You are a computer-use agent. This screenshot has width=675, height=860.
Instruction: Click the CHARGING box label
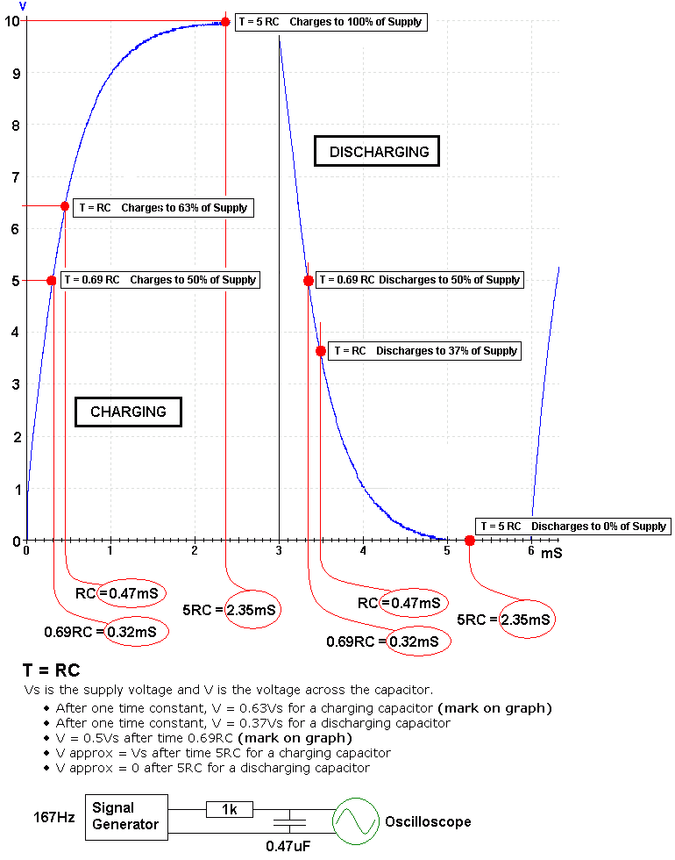[128, 412]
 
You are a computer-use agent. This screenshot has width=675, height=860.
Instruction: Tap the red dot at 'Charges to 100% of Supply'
[225, 22]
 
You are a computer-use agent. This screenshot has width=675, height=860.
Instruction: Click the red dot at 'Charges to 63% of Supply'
[65, 206]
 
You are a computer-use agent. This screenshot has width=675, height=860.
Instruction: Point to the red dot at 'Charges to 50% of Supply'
[51, 281]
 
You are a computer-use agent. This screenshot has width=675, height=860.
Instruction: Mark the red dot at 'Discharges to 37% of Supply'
[321, 351]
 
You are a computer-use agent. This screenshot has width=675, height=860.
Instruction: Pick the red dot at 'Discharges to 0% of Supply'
[470, 541]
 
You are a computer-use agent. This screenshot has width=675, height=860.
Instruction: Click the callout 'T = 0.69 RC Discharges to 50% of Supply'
[420, 280]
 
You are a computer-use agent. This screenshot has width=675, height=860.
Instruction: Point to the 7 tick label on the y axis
[14, 177]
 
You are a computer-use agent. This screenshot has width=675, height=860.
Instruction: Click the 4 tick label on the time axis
[363, 551]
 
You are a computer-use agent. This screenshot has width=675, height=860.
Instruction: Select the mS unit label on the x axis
[551, 554]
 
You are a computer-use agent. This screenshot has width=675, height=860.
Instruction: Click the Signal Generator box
[125, 816]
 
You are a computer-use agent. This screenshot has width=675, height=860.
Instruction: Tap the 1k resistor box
[229, 809]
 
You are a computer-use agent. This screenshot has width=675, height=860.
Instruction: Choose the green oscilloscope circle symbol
[355, 821]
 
